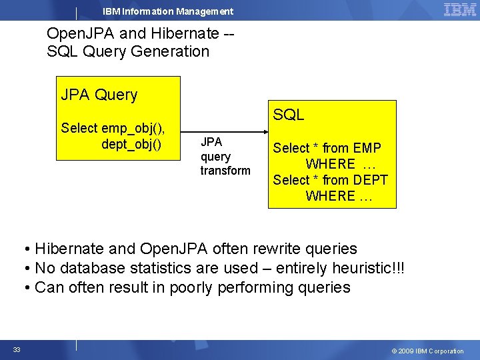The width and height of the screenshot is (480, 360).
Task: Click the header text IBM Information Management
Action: tap(168, 11)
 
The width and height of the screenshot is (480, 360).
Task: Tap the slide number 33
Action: tap(17, 350)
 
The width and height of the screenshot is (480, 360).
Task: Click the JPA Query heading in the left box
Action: tap(99, 95)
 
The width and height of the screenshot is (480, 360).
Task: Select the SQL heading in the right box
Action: tap(288, 115)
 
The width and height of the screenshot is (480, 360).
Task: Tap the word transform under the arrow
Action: tap(225, 171)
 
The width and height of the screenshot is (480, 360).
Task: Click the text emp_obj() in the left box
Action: tap(133, 128)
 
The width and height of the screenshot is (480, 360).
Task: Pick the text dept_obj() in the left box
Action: tap(131, 144)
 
